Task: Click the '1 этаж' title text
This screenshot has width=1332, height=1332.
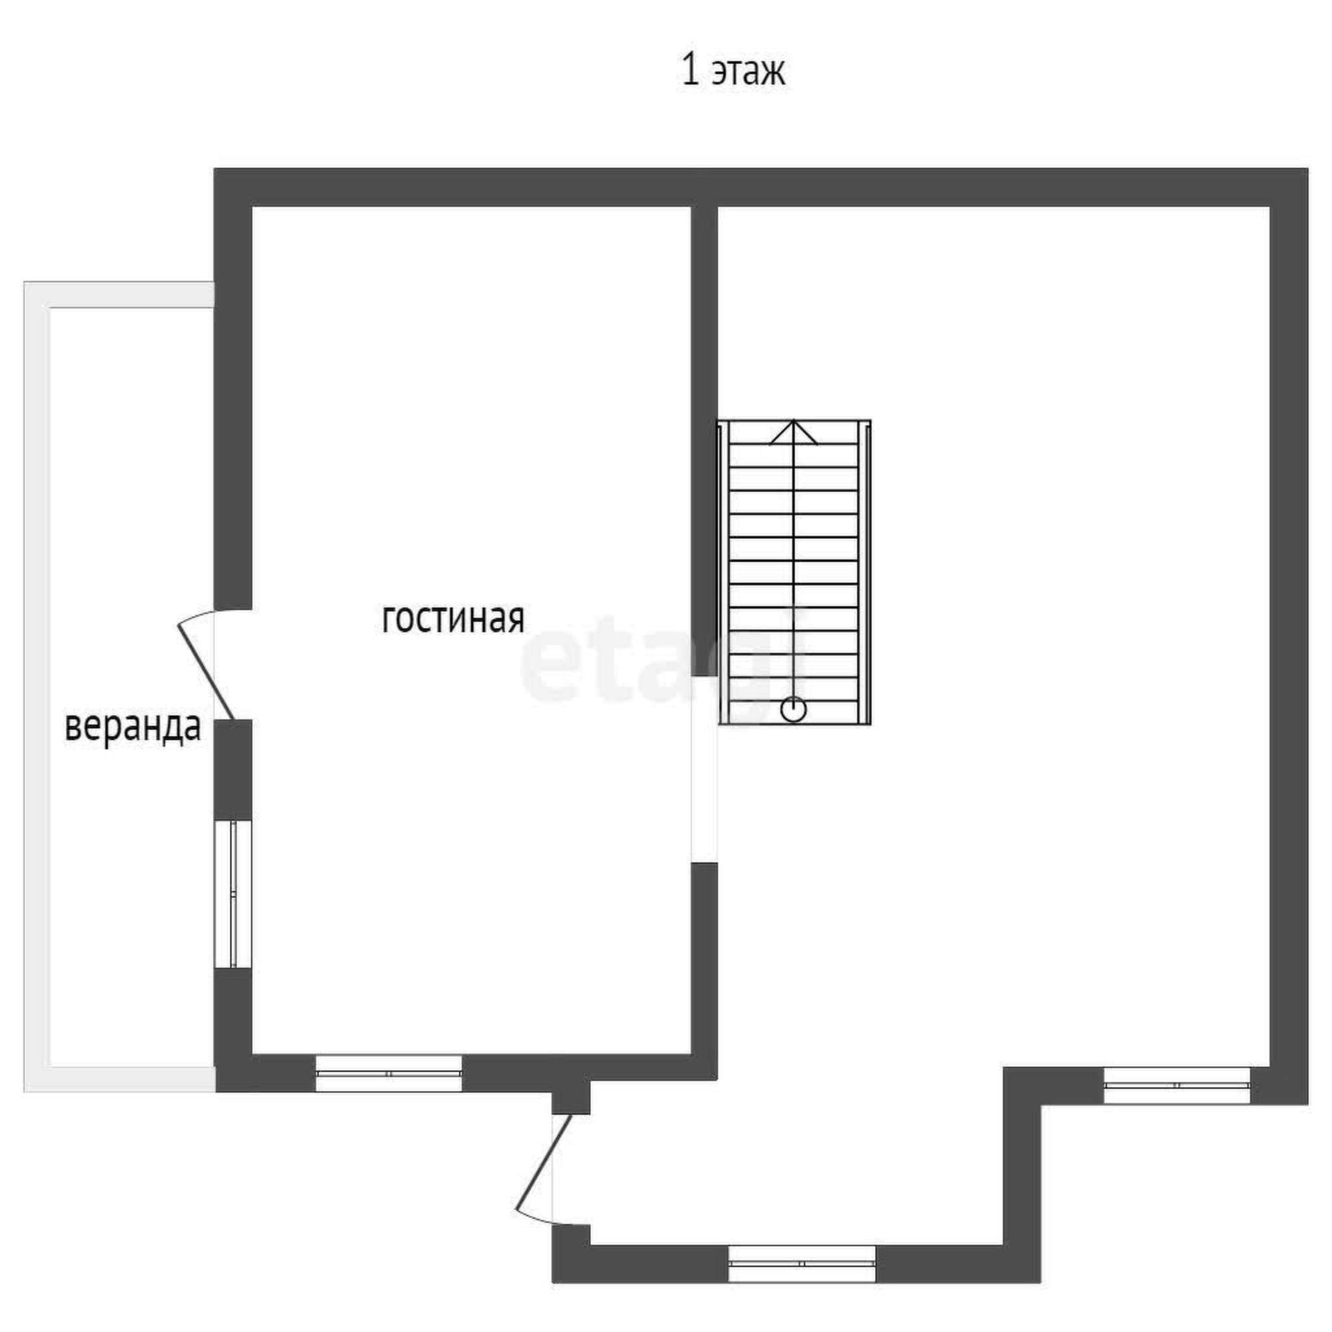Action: coord(733,71)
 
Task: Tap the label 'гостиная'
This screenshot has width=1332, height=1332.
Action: coord(453,618)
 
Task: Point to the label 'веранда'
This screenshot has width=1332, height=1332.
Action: coord(133,727)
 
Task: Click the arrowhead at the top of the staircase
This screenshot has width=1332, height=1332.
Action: coord(794,433)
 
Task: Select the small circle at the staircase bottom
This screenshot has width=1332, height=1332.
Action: coord(794,709)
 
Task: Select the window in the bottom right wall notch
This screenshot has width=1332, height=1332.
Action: coord(1177,1085)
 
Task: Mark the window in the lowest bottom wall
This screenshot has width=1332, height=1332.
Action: coord(802,1264)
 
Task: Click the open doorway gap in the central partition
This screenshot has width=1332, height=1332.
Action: coord(705,769)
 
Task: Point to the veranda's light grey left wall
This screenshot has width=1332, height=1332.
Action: coord(37,687)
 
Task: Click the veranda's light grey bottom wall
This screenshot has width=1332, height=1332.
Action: coord(119,1080)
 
